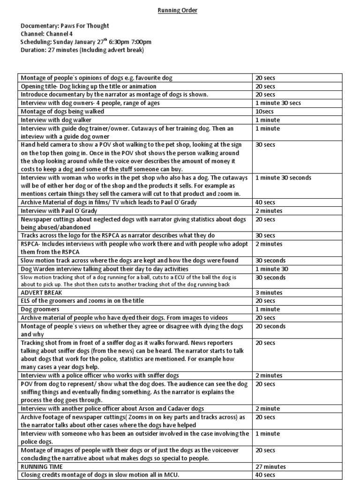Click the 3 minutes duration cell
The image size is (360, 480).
coord(269,292)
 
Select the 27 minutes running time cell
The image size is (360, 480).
coord(270,466)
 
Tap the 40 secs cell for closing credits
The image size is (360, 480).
coord(265,475)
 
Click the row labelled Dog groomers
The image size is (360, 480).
coord(39,309)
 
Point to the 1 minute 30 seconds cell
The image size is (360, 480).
coord(283,178)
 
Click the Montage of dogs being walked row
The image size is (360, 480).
coord(62,112)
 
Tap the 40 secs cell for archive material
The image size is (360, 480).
coord(265,202)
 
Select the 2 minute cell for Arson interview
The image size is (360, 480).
coord(267,409)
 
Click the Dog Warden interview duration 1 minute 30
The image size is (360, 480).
coord(272,269)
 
